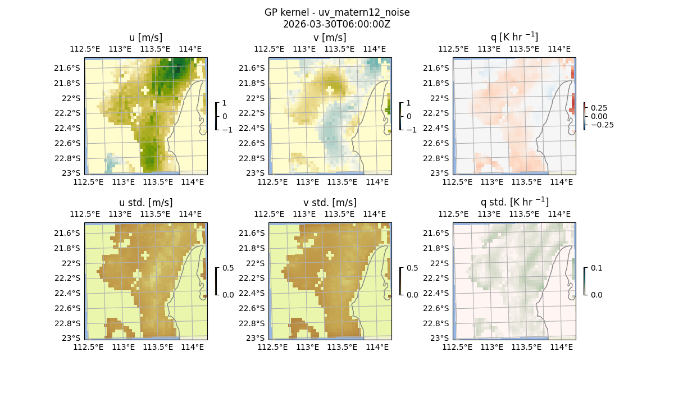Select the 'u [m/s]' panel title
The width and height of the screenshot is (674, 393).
point(145,38)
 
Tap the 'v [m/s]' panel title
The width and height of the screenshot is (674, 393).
point(330,38)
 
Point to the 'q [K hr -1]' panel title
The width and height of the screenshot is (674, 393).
point(514,37)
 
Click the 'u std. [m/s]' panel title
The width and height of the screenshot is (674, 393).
point(145,203)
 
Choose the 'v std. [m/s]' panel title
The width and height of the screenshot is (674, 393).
point(330,203)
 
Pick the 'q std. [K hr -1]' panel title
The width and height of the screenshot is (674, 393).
point(514,202)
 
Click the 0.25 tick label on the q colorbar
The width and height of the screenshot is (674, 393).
point(599,108)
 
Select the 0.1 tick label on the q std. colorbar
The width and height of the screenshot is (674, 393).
point(596,268)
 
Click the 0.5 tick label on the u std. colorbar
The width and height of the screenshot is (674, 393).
point(228,268)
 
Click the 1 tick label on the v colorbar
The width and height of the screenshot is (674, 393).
point(409,103)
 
